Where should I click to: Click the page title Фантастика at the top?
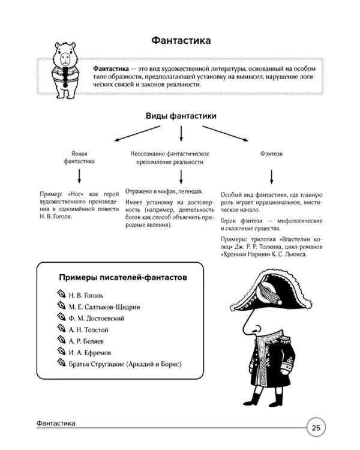point(181,40)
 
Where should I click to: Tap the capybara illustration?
point(66,70)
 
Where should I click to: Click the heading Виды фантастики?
point(181,116)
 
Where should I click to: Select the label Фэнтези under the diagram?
point(271,154)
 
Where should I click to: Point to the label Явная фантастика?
point(79,157)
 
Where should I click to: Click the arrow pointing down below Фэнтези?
point(271,177)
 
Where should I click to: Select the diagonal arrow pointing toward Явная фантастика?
point(137,133)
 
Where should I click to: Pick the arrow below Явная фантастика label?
point(79,176)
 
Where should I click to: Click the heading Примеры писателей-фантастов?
point(123,278)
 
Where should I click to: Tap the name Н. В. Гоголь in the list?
point(86,295)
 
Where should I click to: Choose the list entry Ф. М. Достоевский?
point(96,318)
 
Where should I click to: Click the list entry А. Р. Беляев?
point(86,341)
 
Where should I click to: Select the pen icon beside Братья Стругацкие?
point(61,362)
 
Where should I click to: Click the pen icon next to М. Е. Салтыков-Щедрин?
point(61,305)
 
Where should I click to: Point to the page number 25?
point(316,428)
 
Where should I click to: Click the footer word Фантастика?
point(56,424)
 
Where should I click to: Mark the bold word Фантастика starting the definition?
point(111,69)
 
